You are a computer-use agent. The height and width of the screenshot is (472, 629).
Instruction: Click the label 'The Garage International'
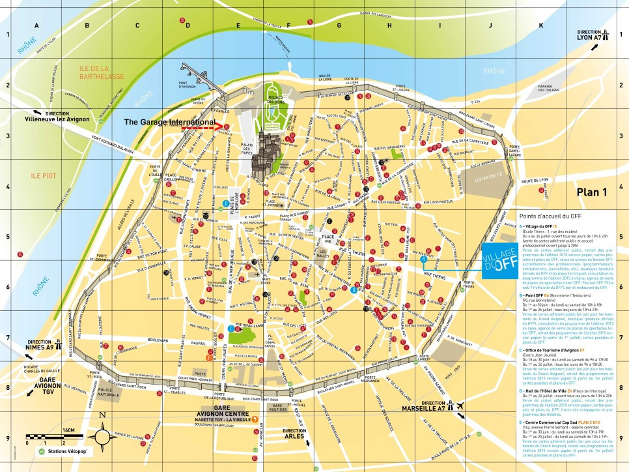coord(169,122)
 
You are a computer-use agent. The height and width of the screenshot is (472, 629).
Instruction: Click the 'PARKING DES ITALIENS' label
coord(536,89)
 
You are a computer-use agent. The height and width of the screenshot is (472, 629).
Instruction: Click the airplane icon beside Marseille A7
coord(461,406)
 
